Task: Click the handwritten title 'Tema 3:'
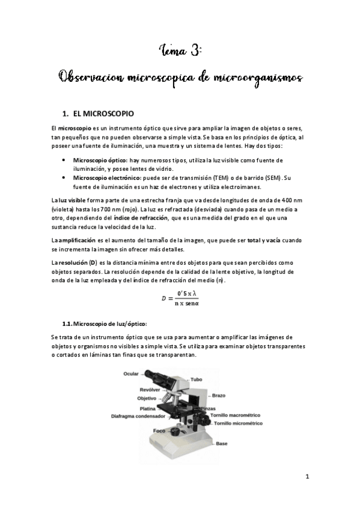point(180,51)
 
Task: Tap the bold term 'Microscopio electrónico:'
point(107,177)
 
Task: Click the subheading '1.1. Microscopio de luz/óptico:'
point(105,324)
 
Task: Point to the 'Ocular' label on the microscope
point(131,374)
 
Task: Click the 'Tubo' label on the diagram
point(197,379)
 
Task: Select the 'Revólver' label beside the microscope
point(149,390)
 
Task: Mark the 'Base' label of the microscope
point(222,443)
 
